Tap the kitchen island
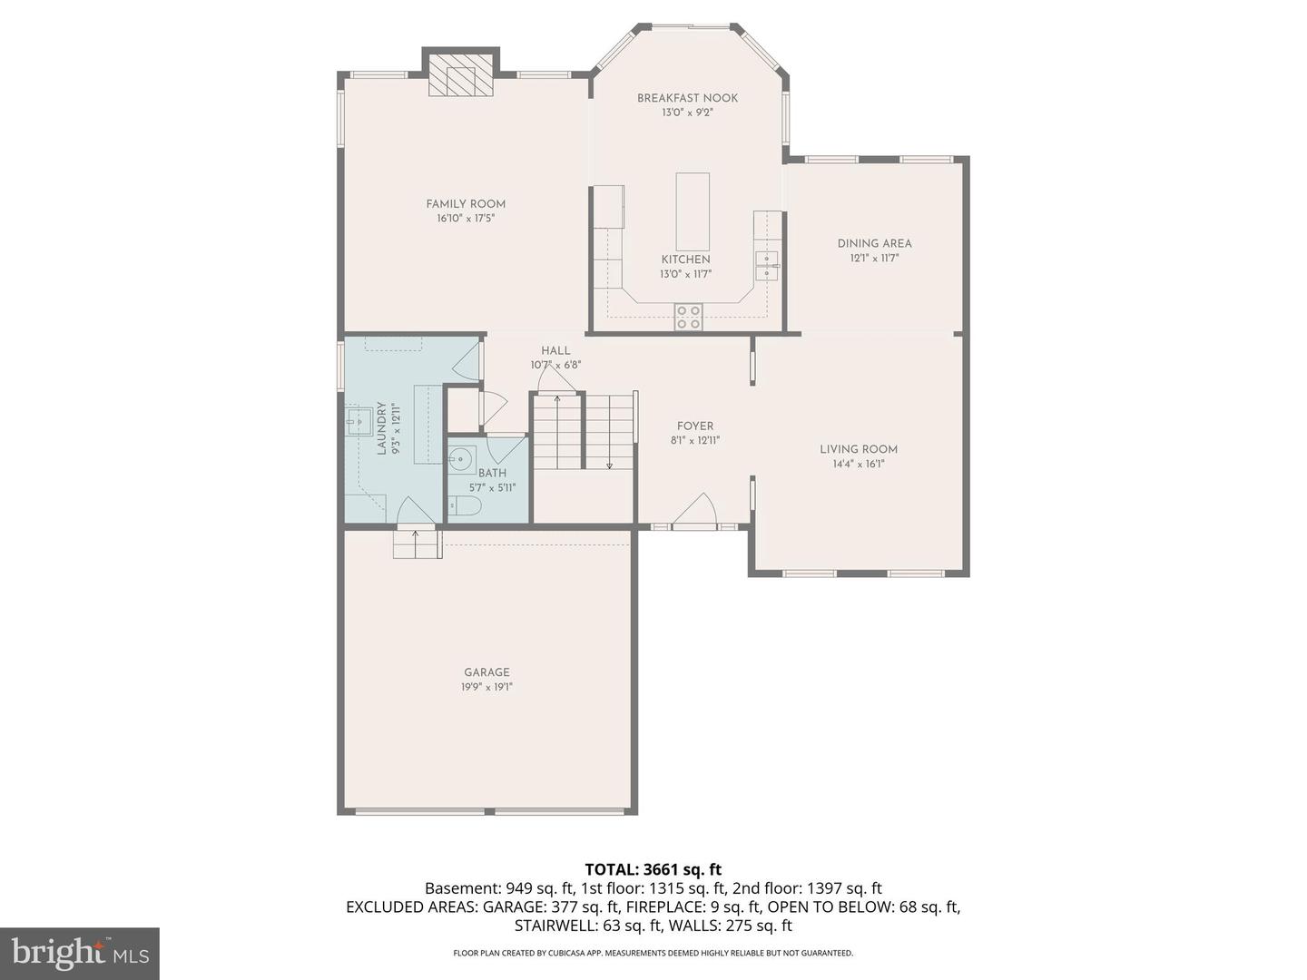click(693, 211)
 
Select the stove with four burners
click(688, 317)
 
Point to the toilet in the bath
click(465, 507)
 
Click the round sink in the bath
click(460, 459)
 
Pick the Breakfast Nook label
click(687, 98)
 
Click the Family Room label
click(466, 204)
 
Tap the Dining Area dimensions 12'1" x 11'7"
click(874, 259)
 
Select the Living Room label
click(858, 449)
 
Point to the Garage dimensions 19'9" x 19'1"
click(486, 687)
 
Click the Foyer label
click(695, 426)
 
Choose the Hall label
click(555, 350)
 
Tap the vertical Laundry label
click(382, 428)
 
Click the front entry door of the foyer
click(694, 512)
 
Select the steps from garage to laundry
click(417, 544)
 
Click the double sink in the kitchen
click(767, 265)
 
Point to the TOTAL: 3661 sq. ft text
click(653, 869)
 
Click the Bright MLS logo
click(80, 954)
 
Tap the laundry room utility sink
click(359, 421)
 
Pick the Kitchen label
click(685, 260)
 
